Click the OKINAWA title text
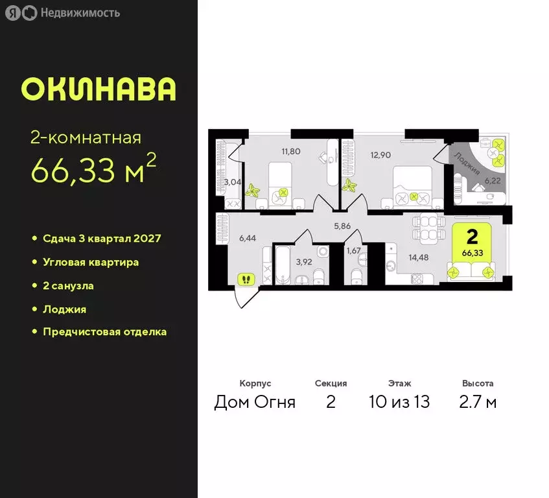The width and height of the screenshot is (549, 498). pyautogui.click(x=99, y=89)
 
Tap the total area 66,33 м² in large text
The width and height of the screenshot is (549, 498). pyautogui.click(x=93, y=171)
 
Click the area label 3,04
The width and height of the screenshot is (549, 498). pyautogui.click(x=233, y=182)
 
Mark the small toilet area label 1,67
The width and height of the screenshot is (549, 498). pyautogui.click(x=353, y=250)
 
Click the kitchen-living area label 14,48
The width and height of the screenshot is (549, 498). pyautogui.click(x=419, y=256)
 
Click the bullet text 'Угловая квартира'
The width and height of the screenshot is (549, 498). pyautogui.click(x=91, y=262)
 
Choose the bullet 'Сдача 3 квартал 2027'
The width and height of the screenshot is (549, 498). pyautogui.click(x=102, y=238)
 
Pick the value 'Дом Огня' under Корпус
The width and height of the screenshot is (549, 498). pyautogui.click(x=255, y=402)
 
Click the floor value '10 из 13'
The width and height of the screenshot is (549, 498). pyautogui.click(x=399, y=402)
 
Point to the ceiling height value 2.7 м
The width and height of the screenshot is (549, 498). pyautogui.click(x=478, y=402)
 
